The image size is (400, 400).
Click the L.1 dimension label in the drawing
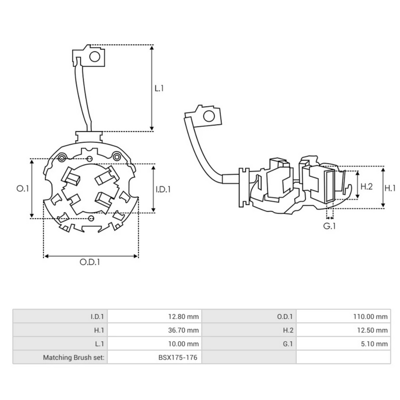point(159,88)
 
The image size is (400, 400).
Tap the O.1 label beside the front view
point(22,189)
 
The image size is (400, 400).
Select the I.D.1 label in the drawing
point(163,189)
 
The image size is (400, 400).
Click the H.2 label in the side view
point(367,187)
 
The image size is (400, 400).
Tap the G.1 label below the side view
point(329,226)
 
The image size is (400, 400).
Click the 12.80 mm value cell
point(183,316)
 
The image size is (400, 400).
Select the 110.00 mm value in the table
point(371,316)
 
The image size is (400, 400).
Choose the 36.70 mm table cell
point(183,330)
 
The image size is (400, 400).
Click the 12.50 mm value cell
point(372,330)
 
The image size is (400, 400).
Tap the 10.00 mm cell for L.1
point(183,344)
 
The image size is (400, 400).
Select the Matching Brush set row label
point(74,357)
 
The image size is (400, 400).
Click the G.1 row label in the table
point(288,344)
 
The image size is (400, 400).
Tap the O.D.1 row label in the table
point(285,316)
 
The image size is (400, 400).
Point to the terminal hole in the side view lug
point(208,116)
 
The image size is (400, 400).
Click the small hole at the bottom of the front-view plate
point(91,218)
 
